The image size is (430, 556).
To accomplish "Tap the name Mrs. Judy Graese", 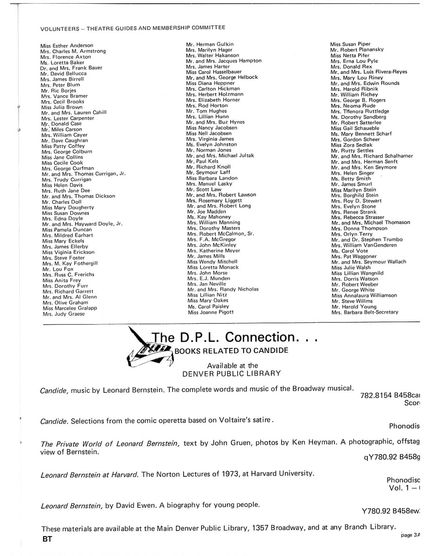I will pos(64,314).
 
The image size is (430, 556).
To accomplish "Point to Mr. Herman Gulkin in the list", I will pos(209,44).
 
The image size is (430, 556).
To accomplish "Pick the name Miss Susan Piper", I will pos(350,44).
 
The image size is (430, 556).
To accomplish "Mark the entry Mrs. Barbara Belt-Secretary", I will pos(365,312).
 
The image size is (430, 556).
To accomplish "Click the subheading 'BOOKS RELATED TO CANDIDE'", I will pos(231,350).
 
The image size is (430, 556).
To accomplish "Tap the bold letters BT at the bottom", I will pos(47,539).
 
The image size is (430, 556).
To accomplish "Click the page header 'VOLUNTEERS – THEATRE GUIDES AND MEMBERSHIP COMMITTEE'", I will pos(133,27).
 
